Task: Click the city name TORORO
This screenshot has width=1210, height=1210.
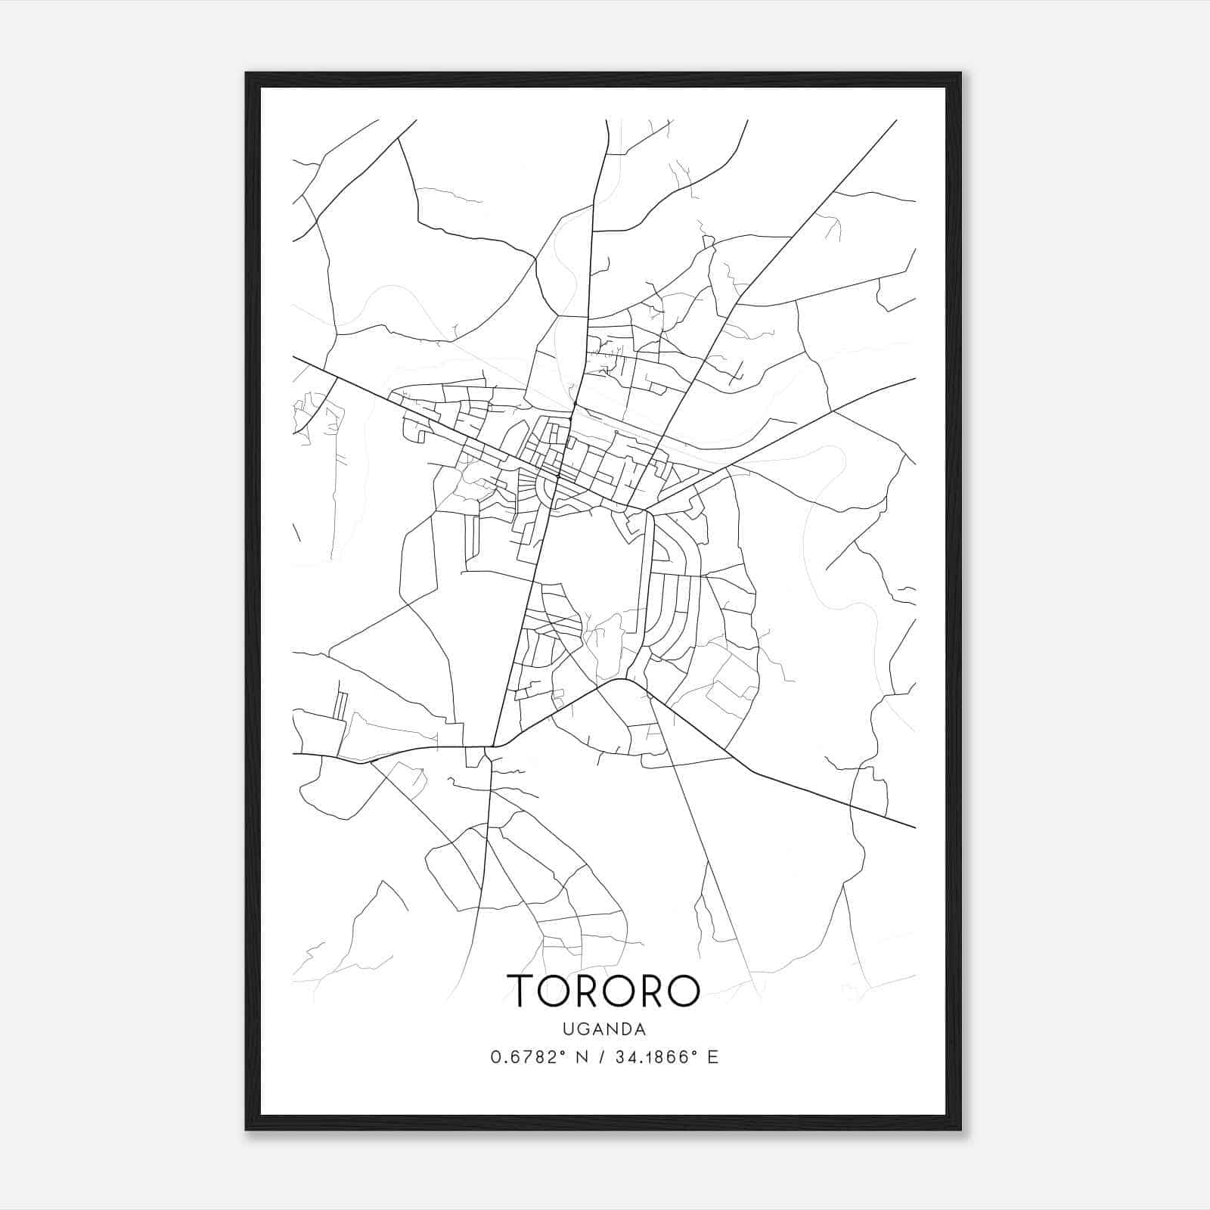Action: tap(604, 990)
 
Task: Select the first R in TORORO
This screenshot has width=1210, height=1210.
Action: tap(591, 990)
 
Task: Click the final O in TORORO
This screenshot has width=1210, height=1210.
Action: tap(683, 990)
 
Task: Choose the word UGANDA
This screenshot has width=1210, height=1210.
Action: tap(604, 1029)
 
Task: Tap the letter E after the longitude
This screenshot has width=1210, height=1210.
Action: tap(712, 1057)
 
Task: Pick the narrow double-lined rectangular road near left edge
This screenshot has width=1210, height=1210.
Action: tap(341, 705)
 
